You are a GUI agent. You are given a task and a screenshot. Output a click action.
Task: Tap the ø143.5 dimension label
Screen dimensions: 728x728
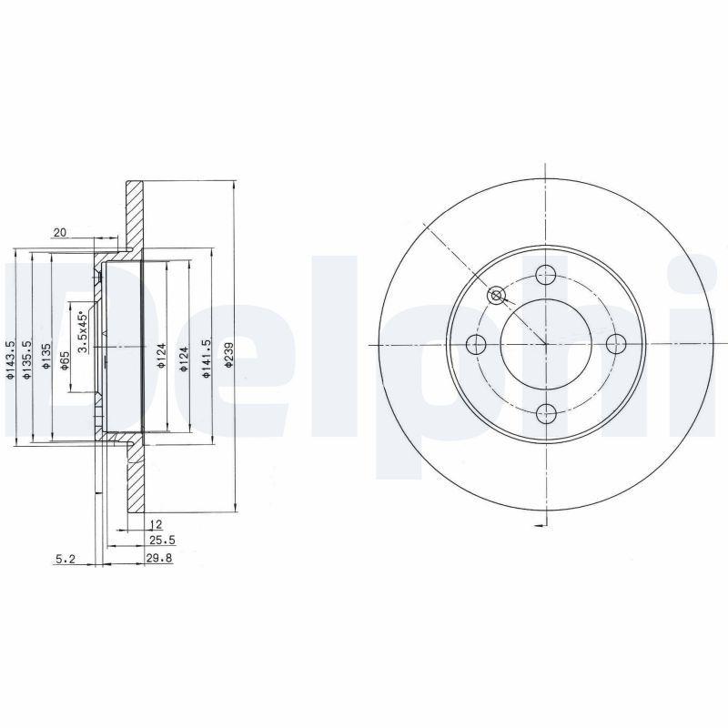(x=10, y=359)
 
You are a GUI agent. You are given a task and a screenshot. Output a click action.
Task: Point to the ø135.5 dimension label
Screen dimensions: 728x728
(x=28, y=359)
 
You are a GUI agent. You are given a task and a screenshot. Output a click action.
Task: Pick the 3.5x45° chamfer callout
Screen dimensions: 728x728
(x=82, y=333)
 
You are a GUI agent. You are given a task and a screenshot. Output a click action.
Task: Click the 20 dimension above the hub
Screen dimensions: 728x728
(x=60, y=233)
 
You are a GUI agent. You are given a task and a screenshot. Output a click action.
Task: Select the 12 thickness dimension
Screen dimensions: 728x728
(x=156, y=524)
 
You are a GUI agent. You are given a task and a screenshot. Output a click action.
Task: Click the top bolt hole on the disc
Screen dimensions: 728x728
(x=545, y=273)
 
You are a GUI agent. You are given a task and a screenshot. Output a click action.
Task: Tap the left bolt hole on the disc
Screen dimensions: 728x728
(x=475, y=344)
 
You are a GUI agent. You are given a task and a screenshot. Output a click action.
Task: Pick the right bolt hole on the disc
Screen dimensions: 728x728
(x=616, y=344)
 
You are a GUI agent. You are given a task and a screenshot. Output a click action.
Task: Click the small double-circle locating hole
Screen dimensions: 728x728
(x=497, y=295)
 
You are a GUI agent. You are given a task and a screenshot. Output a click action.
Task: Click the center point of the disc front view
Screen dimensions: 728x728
(x=545, y=344)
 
